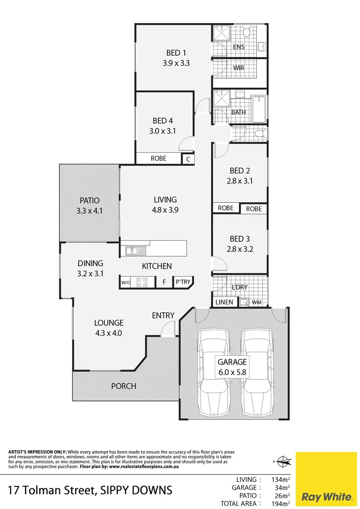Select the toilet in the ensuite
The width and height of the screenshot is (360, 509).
click(246, 32)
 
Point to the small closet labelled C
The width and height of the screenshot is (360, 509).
click(188, 159)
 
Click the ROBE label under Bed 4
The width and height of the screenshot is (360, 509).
click(158, 159)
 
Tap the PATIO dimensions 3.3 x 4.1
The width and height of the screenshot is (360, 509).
click(90, 211)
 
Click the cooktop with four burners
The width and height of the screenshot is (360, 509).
click(142, 282)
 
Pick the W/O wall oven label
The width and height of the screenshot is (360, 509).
click(125, 283)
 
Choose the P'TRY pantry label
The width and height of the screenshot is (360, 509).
click(183, 282)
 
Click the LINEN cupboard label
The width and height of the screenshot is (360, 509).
click(224, 302)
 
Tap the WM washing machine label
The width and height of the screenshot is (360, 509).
click(257, 302)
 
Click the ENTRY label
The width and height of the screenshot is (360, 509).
click(163, 315)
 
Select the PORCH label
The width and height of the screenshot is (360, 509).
click(123, 386)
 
